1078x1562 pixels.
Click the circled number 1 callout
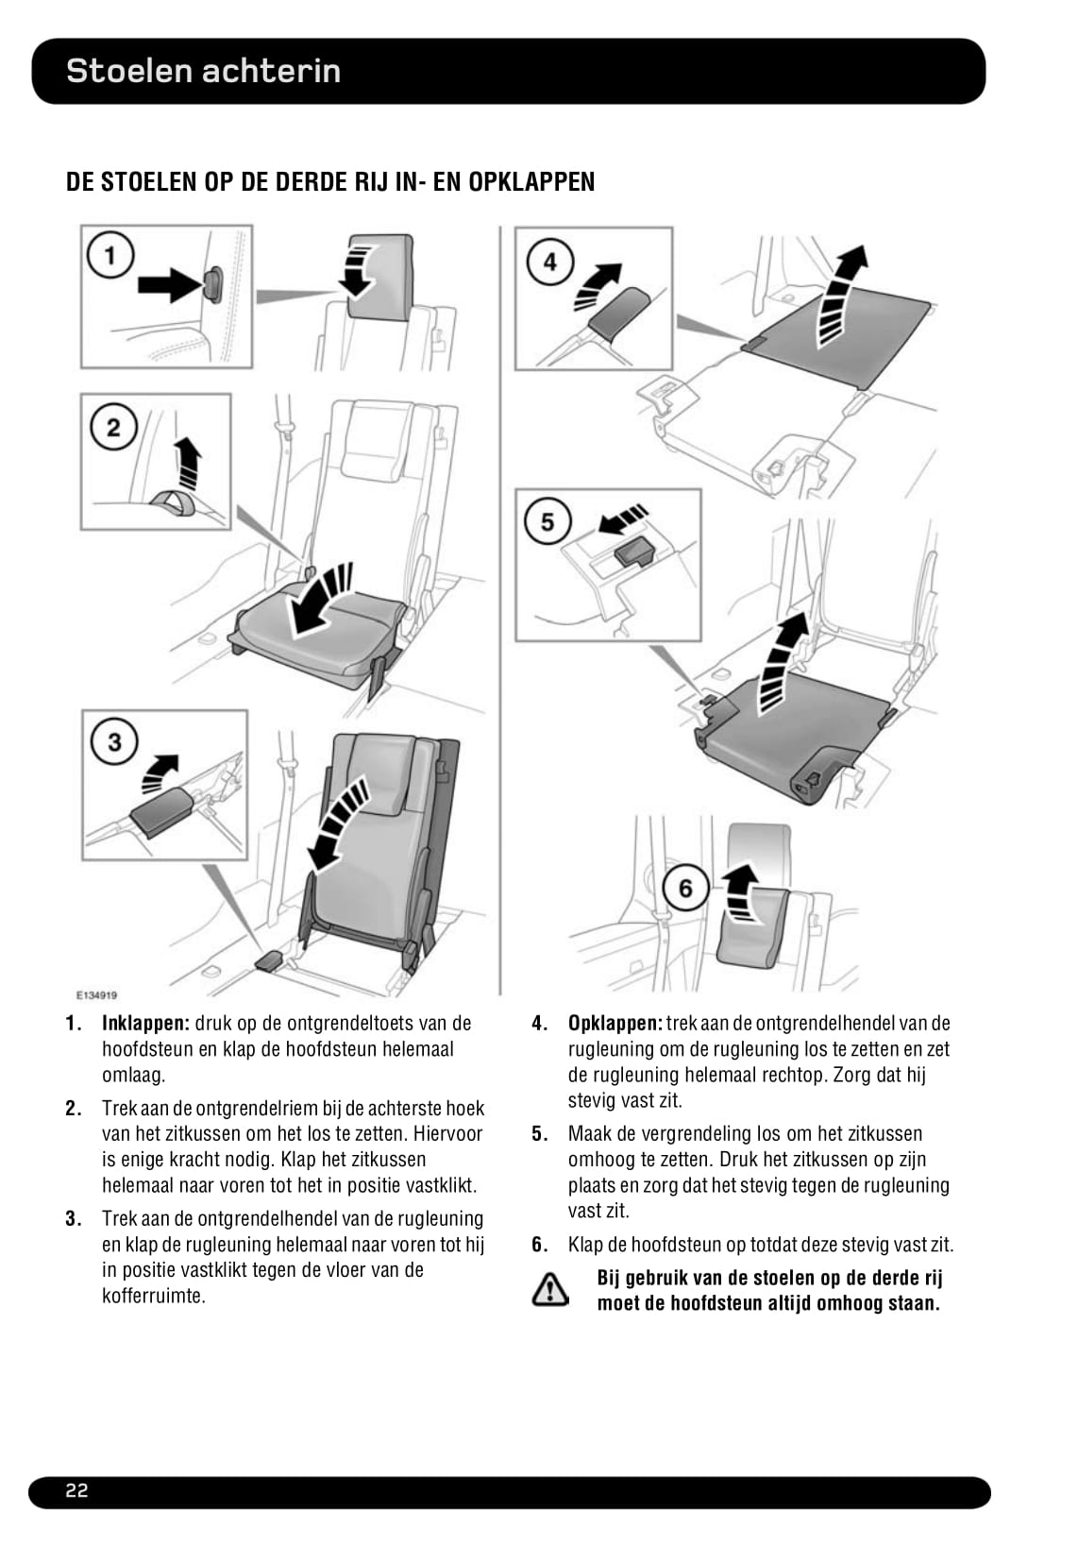pyautogui.click(x=111, y=255)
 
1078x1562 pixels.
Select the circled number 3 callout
pyautogui.click(x=114, y=741)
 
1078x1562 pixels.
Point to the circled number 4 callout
pyautogui.click(x=548, y=261)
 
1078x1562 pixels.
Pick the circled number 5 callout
pyautogui.click(x=547, y=521)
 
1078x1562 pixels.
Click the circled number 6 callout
pyautogui.click(x=685, y=888)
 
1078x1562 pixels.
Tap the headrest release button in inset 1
pyautogui.click(x=213, y=284)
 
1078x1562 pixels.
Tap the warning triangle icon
pyautogui.click(x=549, y=1290)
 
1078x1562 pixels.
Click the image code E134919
pyautogui.click(x=96, y=994)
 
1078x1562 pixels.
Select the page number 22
pyautogui.click(x=76, y=1491)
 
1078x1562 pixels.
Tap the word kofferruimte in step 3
pyautogui.click(x=154, y=1296)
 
